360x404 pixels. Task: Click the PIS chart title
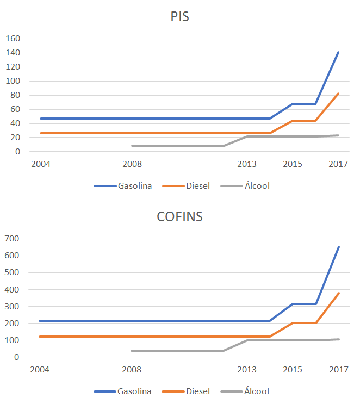pos(180,17)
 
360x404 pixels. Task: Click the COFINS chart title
pos(179,217)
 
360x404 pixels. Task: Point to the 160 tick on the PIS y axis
pos(13,39)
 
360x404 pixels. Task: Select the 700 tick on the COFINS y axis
pos(13,239)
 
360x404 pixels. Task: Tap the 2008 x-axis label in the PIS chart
pos(132,164)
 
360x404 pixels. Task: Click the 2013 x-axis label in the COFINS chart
pos(247,370)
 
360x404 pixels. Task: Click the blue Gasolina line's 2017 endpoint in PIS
pos(338,52)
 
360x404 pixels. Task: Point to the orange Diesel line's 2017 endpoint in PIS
pos(338,94)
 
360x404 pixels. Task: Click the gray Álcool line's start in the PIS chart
pos(132,146)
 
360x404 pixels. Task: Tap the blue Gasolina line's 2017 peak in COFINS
pos(338,247)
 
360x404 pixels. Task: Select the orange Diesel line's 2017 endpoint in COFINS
pos(338,293)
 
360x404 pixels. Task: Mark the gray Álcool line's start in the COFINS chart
pos(132,351)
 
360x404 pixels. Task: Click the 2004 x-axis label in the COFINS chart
pos(40,370)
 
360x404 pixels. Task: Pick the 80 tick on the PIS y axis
pos(15,95)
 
